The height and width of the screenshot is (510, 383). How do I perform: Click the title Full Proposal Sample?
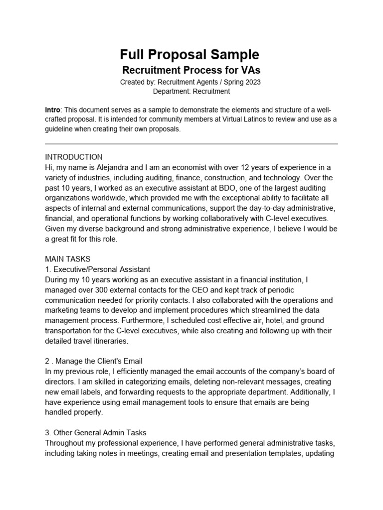click(x=190, y=54)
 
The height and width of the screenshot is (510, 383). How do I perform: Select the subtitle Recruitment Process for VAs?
click(x=191, y=70)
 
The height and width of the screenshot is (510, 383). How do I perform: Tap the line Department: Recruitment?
click(x=191, y=91)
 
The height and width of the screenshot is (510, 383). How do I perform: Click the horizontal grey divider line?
click(x=191, y=144)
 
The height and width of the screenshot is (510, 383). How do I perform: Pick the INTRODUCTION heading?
click(x=74, y=157)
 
